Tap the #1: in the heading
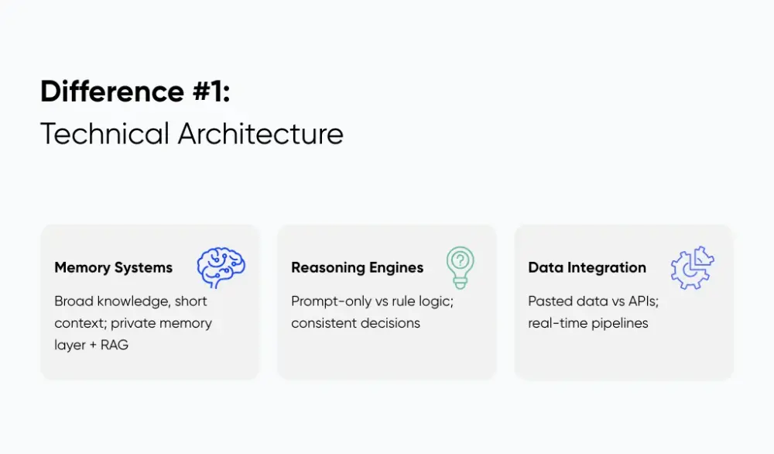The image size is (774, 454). click(x=208, y=92)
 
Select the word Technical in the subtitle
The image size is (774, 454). click(x=104, y=134)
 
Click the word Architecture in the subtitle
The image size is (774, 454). click(x=260, y=134)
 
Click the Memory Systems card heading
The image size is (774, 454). click(x=113, y=268)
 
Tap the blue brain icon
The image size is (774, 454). click(x=221, y=268)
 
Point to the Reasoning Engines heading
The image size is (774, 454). click(x=357, y=268)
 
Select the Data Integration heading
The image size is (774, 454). click(x=587, y=268)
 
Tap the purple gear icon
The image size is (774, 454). click(x=692, y=268)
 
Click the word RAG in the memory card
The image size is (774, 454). click(x=114, y=345)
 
